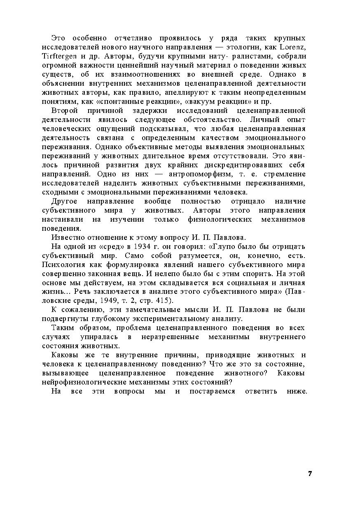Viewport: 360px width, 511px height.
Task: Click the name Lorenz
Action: (293, 47)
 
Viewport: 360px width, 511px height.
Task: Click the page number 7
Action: (310, 473)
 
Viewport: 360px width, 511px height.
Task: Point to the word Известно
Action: (65, 237)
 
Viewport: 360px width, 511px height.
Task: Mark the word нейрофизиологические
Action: (79, 382)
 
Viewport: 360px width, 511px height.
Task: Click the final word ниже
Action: (297, 391)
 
